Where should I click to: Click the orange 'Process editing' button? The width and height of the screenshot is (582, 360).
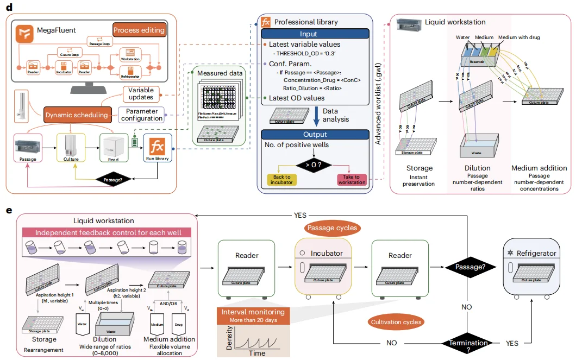[x=139, y=29]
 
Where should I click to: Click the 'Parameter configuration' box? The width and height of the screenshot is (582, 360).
[x=141, y=115]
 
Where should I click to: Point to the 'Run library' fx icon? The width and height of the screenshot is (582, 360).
[x=158, y=147]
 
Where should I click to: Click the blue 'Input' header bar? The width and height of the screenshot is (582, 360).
[x=315, y=34]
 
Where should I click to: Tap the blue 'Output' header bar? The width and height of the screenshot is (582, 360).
[x=315, y=134]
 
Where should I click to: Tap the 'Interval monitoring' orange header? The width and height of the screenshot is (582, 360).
[x=252, y=312]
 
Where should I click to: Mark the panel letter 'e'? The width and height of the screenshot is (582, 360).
[x=9, y=209]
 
